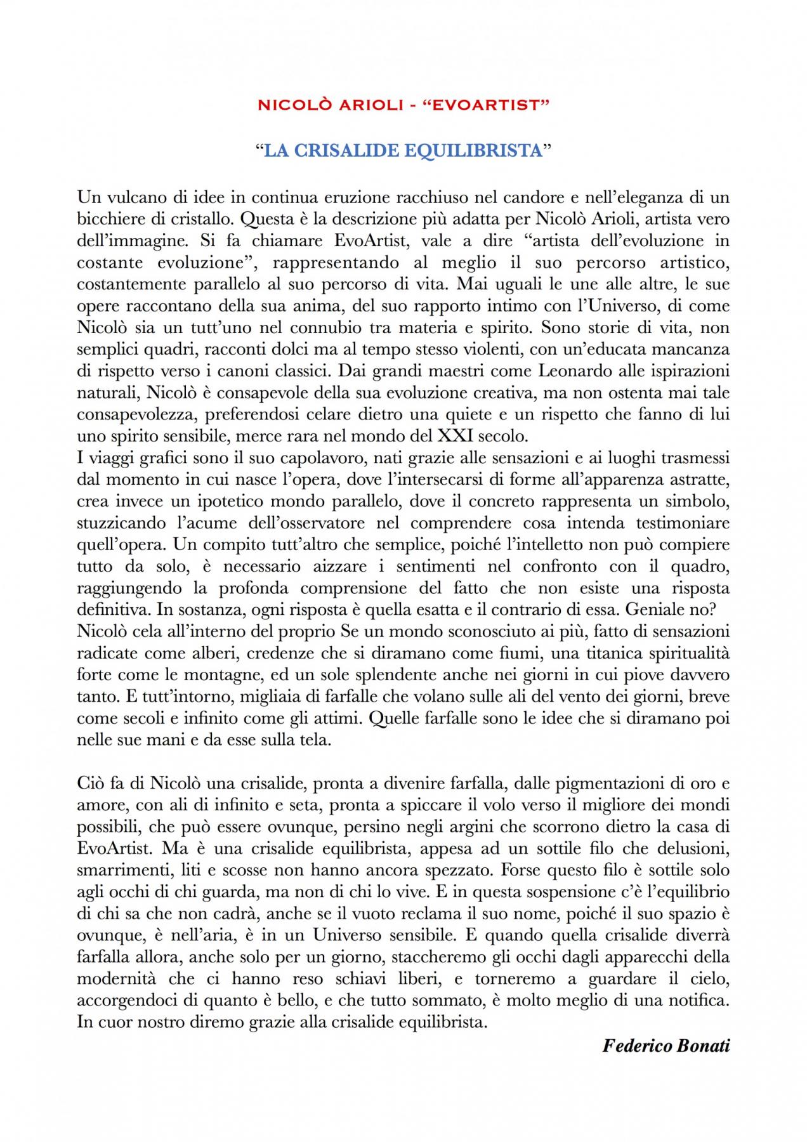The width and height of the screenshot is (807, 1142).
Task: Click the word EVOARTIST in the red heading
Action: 494,105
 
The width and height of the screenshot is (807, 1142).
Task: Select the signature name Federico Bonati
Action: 666,1046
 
